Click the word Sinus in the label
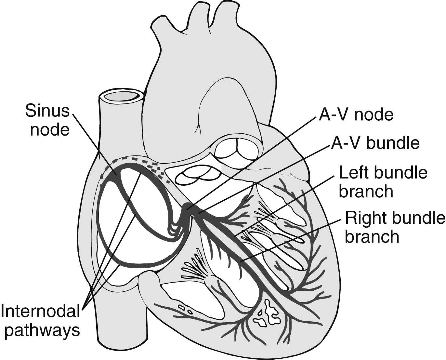[x=47, y=111]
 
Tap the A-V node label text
[x=356, y=114]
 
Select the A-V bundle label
[x=375, y=143]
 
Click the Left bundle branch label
[x=383, y=181]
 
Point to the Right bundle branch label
[x=395, y=227]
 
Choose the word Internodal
[x=40, y=311]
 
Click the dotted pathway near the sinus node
[x=153, y=166]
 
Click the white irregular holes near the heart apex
[x=269, y=314]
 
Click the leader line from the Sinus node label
[x=94, y=143]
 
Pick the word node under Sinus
[x=50, y=130]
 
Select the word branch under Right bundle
[x=372, y=236]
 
